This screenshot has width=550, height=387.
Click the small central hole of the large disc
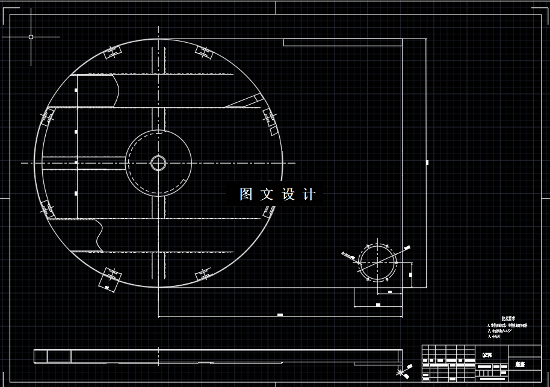158,163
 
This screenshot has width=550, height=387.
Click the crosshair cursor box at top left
31,37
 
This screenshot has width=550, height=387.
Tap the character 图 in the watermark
246,194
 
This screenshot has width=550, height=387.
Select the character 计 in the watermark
308,194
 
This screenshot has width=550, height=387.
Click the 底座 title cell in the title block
520,364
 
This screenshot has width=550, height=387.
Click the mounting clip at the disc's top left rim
112,52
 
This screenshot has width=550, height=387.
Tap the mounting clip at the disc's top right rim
205,52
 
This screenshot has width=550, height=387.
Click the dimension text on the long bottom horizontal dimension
280,314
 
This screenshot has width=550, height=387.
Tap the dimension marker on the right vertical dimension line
427,162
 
